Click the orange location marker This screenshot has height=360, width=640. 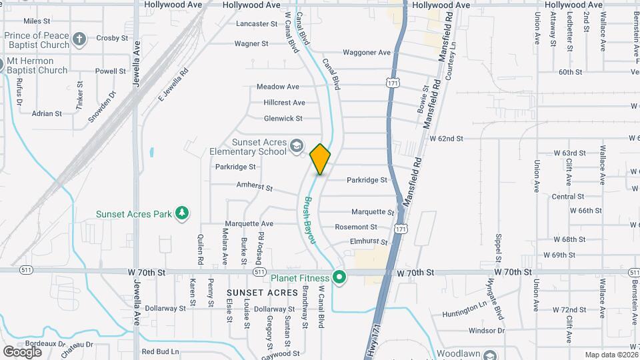(320, 159)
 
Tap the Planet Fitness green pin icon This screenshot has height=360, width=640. (339, 277)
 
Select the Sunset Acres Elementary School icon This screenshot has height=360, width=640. (296, 146)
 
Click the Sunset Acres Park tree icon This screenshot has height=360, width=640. (181, 213)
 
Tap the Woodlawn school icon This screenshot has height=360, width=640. (490, 355)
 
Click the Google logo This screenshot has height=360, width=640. (22, 351)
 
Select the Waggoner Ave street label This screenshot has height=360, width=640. (366, 53)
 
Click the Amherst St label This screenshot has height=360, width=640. (255, 187)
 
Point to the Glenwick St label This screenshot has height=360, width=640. (283, 118)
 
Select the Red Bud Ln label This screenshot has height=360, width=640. (160, 351)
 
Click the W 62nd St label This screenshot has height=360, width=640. (447, 139)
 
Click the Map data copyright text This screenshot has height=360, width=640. (611, 355)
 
